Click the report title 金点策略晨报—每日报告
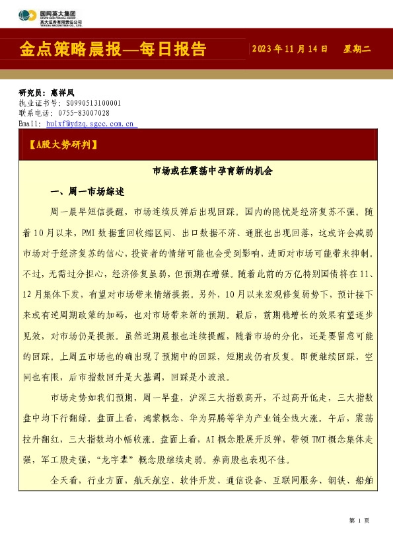[113, 50]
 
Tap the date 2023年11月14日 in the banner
[290, 50]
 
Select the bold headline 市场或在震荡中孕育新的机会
[212, 171]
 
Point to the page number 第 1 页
[359, 520]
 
